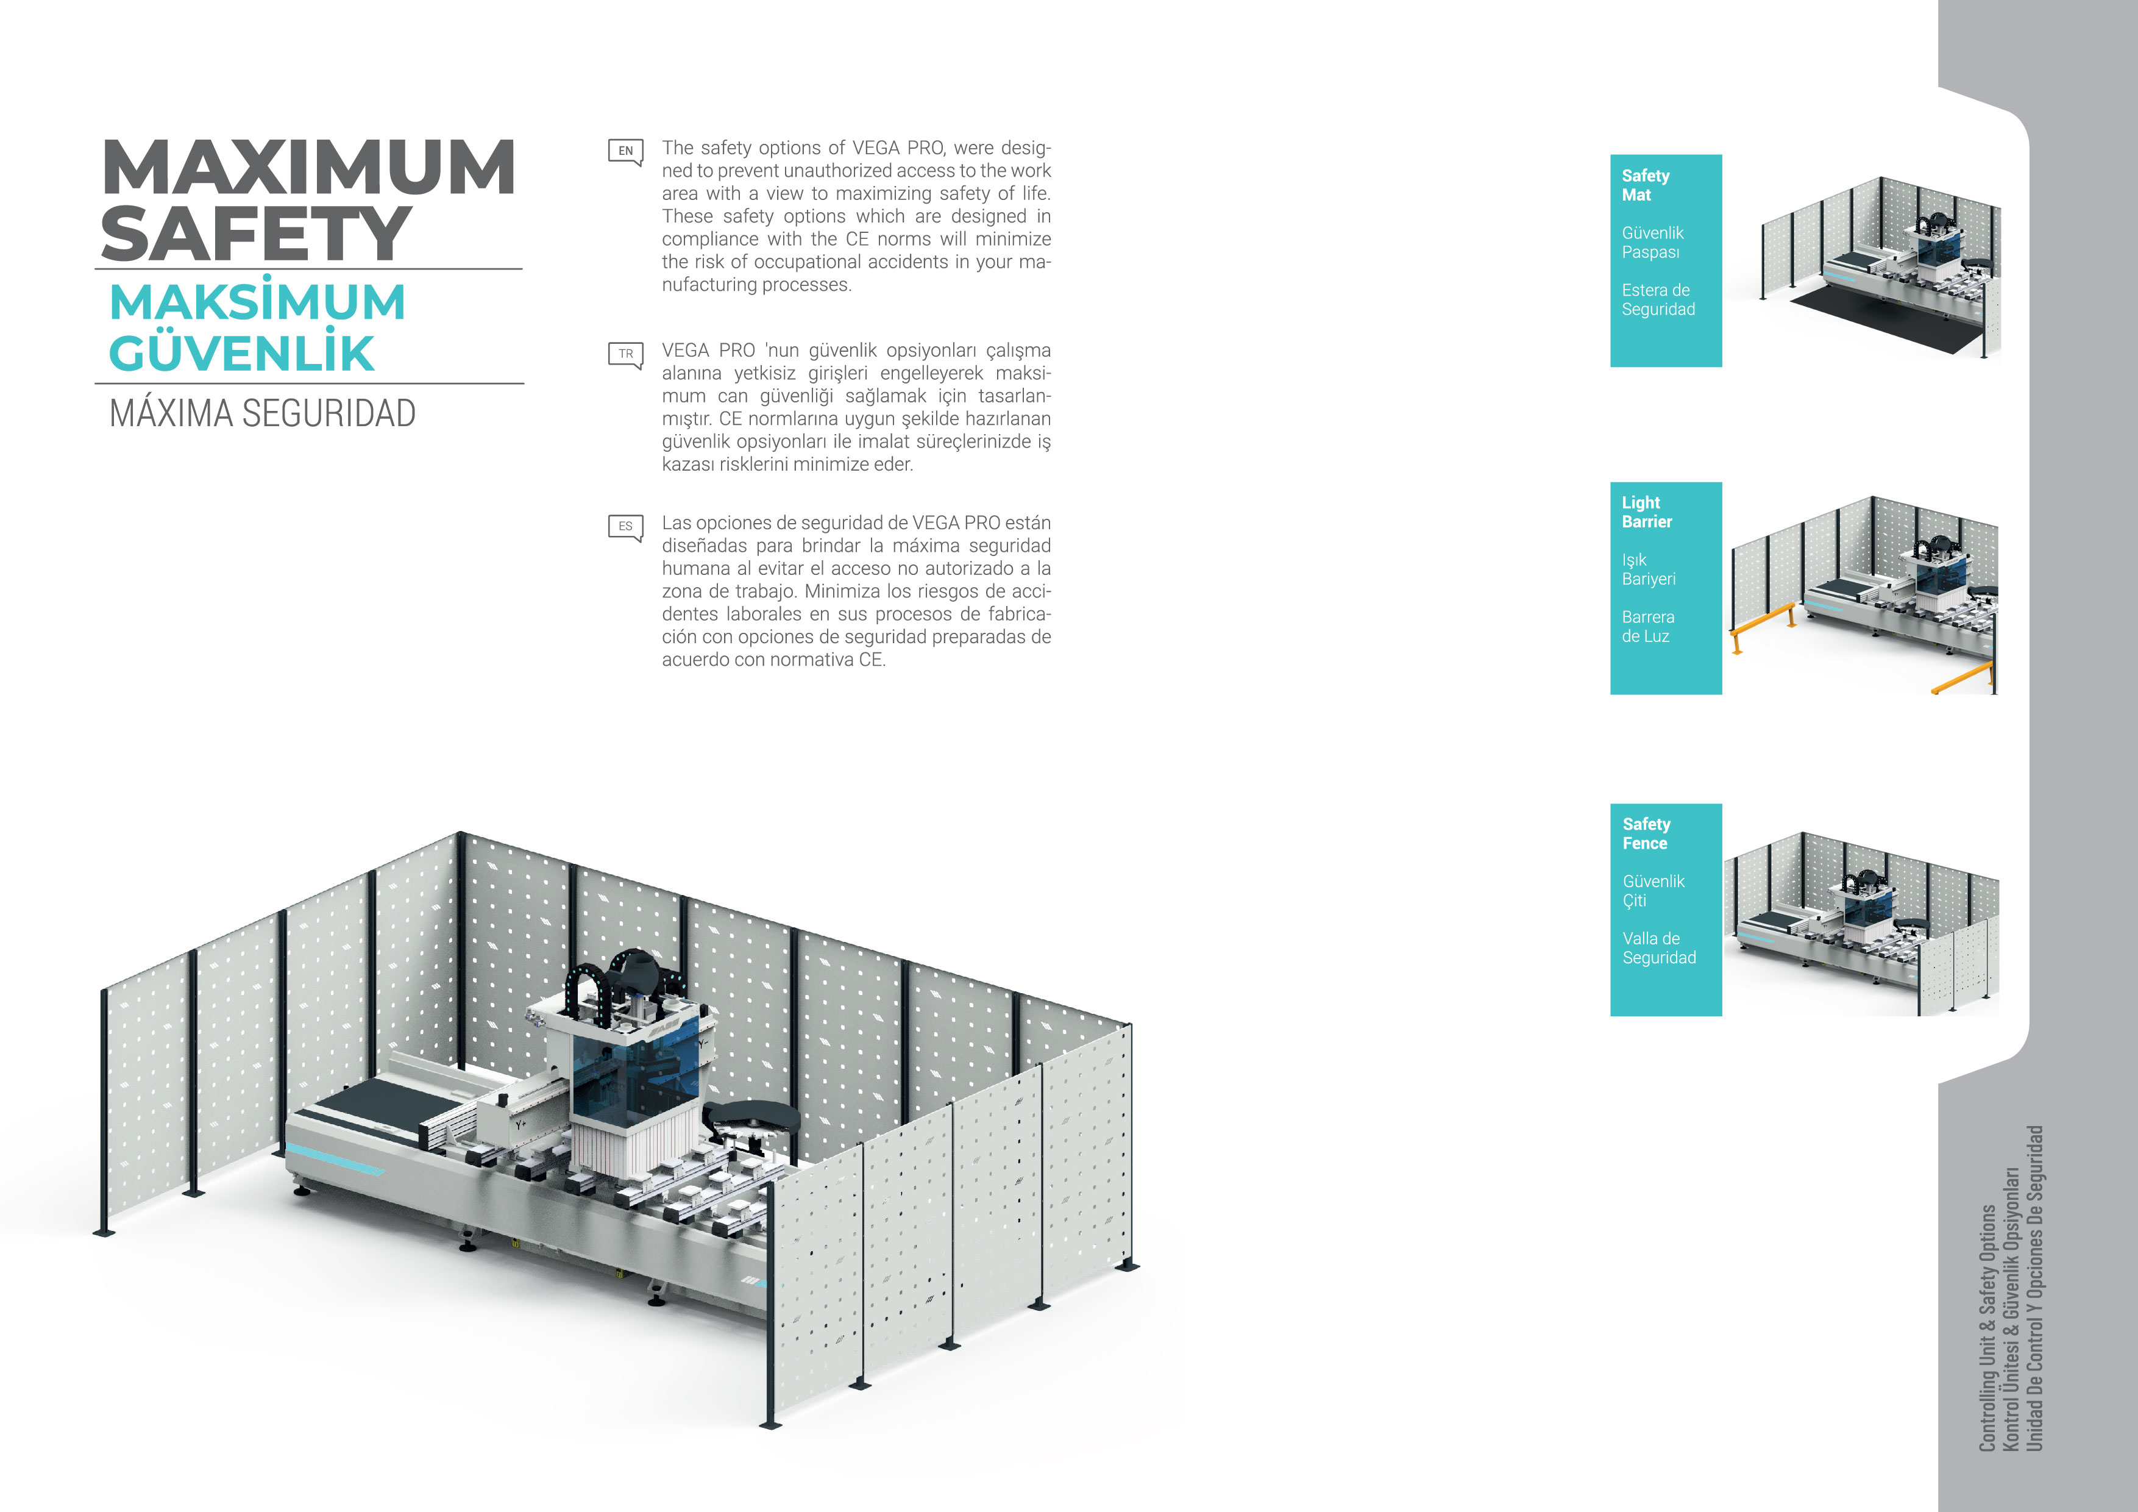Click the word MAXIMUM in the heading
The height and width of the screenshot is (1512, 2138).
tap(308, 168)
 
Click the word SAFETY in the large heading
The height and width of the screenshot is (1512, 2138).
tap(255, 234)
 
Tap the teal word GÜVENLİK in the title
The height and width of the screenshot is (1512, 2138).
tap(242, 354)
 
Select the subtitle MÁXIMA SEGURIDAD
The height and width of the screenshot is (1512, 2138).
tap(263, 413)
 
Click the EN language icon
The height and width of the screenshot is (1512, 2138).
tap(625, 151)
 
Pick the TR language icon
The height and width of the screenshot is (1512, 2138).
tap(625, 354)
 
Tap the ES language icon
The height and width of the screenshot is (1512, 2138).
tap(625, 526)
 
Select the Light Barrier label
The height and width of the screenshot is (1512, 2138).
tap(1646, 512)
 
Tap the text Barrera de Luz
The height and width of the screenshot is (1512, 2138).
tap(1647, 627)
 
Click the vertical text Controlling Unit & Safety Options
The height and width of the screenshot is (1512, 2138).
tap(1987, 1327)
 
